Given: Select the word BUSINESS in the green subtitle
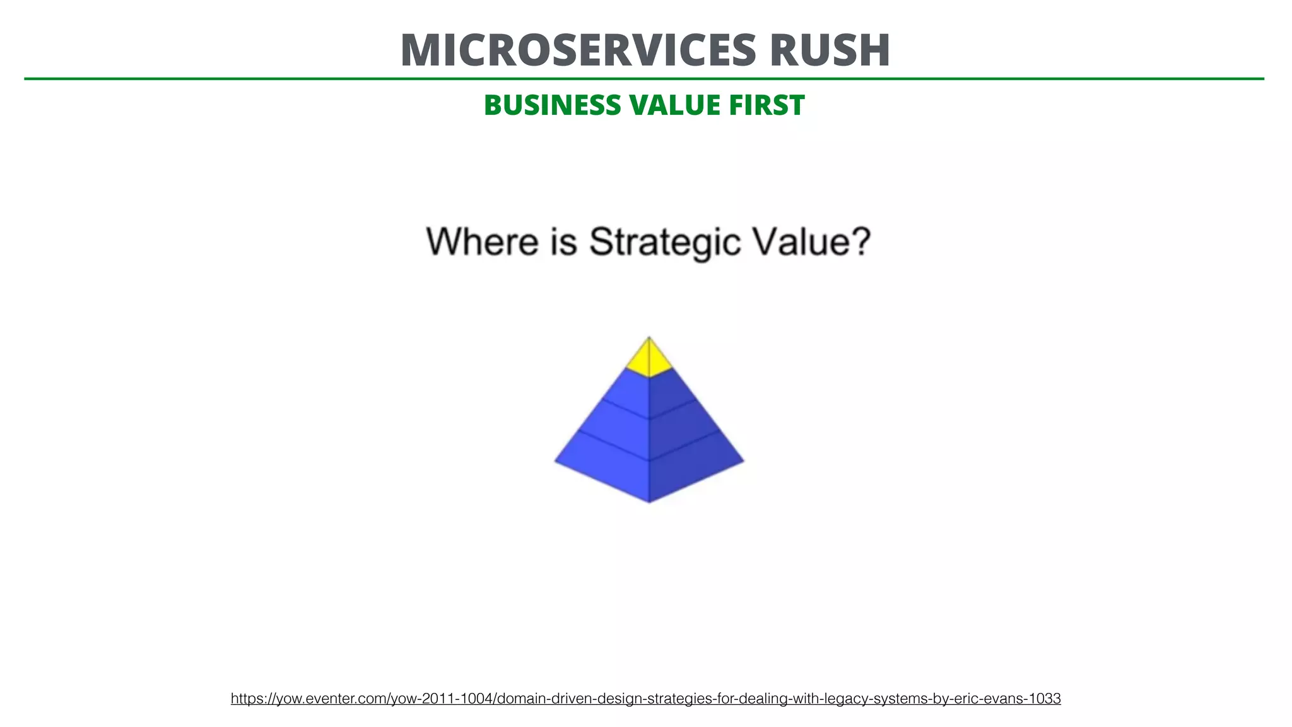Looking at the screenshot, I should point(551,105).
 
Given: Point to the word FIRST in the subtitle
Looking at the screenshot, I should point(766,105).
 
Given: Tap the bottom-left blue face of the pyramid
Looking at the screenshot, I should point(609,464).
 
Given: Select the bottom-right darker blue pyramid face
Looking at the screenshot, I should point(691,464).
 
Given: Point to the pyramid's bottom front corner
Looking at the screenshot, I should point(649,502).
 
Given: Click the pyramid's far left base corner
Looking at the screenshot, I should point(556,461).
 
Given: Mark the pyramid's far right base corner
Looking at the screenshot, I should point(743,461).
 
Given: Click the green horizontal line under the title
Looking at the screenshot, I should point(643,79).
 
